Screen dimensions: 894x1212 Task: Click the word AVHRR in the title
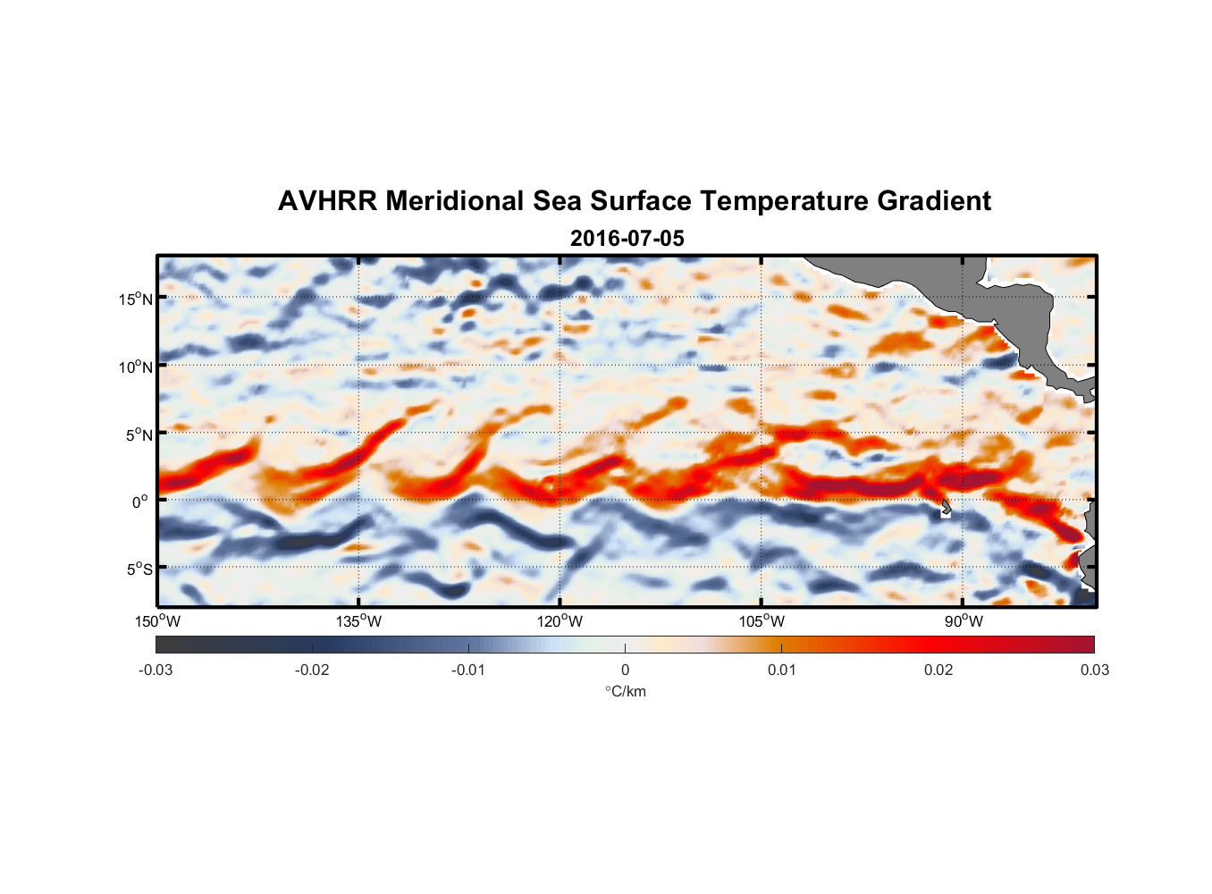coord(327,201)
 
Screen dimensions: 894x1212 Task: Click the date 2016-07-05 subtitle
coord(627,239)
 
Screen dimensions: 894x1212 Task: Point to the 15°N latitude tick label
coord(136,299)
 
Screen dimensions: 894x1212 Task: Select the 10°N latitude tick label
coord(136,367)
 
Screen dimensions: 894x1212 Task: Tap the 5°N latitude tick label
coord(139,434)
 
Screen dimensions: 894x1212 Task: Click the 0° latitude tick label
coord(140,502)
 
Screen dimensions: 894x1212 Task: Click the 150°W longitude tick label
coord(157,621)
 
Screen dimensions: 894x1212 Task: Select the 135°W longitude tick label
coord(359,621)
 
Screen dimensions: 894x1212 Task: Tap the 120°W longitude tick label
coord(560,621)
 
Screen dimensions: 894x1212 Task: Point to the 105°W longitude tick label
coord(762,621)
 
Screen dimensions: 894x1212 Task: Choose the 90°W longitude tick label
coord(964,621)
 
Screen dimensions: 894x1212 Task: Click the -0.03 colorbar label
coord(156,670)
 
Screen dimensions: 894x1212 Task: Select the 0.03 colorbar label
coord(1094,670)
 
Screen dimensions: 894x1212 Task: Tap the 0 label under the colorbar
coord(625,670)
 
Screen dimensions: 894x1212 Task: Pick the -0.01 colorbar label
coord(468,670)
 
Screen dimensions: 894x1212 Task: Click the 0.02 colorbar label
coord(938,670)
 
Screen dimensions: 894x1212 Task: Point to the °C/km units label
coord(626,691)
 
